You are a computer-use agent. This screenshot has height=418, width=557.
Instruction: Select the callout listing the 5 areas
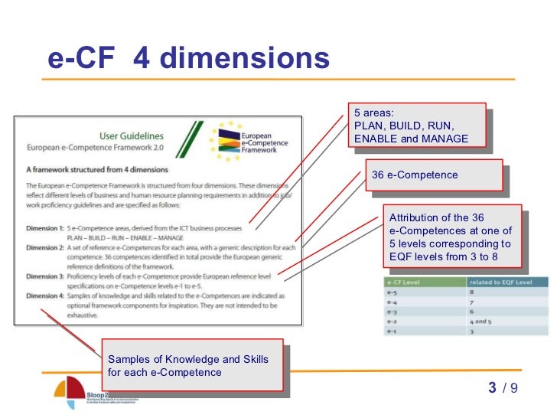coord(416,126)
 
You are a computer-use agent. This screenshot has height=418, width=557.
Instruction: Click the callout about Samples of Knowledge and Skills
coord(191,366)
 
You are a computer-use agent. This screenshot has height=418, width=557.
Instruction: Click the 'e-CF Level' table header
coord(412,282)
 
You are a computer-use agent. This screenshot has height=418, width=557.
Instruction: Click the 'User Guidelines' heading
coord(132,136)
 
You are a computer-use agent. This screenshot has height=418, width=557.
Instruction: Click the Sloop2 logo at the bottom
coord(73,392)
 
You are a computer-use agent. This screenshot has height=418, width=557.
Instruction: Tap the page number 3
coord(492,388)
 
